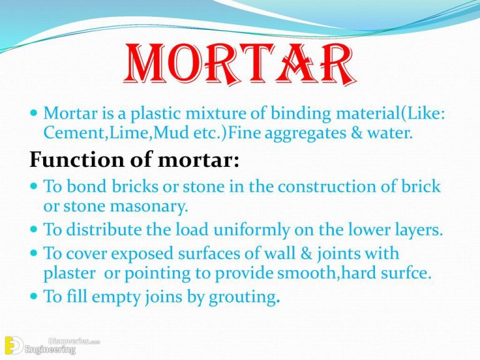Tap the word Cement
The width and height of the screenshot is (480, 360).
69,132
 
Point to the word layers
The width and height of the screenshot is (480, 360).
413,231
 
